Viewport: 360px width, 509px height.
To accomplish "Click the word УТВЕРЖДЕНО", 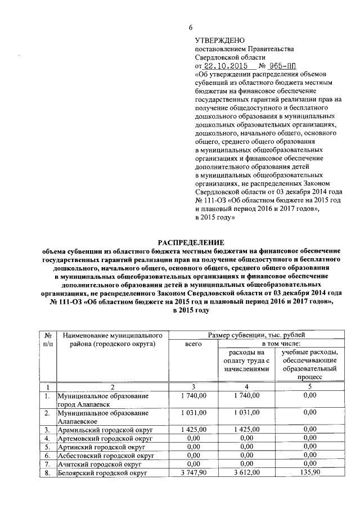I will pos(220,40).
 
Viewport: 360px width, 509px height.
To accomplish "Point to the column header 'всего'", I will pos(193,344).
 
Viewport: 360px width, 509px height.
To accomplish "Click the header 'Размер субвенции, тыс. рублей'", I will pos(257,335).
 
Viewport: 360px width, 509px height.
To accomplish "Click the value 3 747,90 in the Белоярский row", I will pos(193,474).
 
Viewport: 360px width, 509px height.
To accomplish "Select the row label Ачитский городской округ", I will pos(98,465).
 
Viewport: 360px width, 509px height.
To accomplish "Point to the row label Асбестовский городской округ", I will pos(106,456).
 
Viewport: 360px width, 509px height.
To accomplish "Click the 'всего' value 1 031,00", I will pos(193,412).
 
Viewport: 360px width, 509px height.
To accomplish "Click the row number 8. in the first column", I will pos(48,474).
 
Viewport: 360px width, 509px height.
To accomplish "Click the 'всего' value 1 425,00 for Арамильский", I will pos(193,429).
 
